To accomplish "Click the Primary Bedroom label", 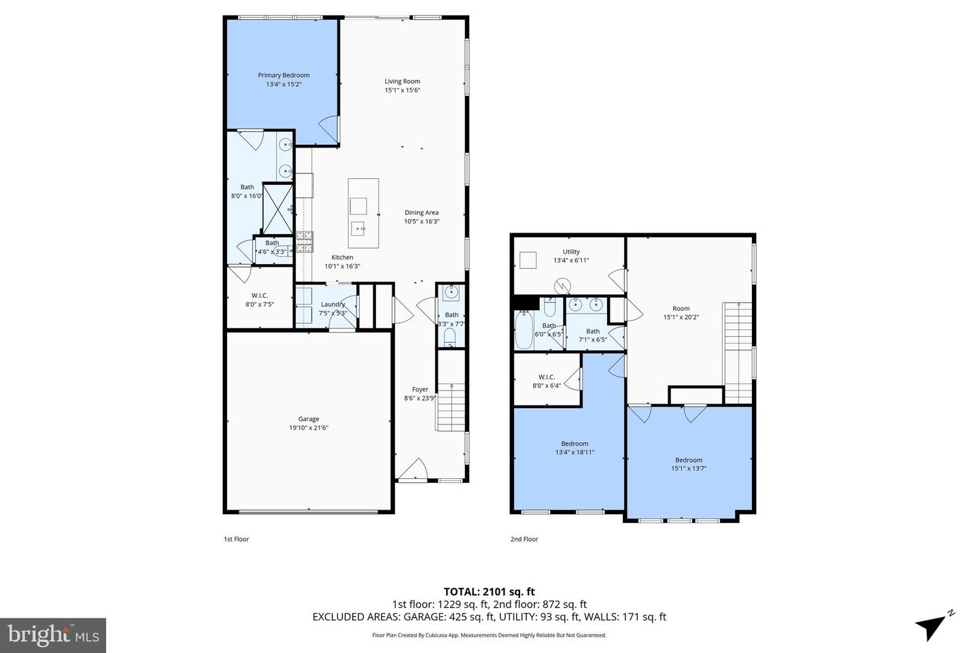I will tap(284, 76).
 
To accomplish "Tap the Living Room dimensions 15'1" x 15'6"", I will tap(402, 90).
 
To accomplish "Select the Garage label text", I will tap(309, 419).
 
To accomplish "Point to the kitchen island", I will tap(363, 214).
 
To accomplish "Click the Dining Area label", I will tap(422, 212).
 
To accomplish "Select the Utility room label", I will tap(571, 252).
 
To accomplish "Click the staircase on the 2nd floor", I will tap(738, 351).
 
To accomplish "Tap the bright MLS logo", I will tap(53, 635).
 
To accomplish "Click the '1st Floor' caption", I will tap(237, 539).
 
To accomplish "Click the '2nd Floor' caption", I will tap(524, 539).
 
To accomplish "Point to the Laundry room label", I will tap(333, 304).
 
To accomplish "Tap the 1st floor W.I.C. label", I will tap(260, 295).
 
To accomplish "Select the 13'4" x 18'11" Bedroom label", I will tap(574, 448).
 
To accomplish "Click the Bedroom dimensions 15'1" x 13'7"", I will tap(689, 468).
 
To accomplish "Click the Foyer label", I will tap(420, 389).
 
